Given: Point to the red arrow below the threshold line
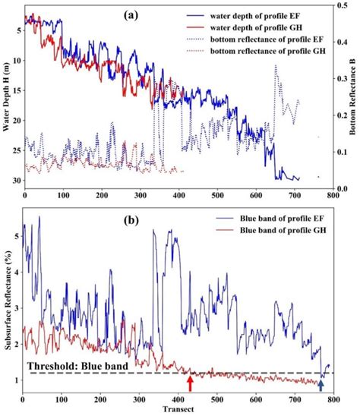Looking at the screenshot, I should click(x=190, y=385).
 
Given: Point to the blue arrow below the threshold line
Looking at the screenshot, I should click(x=321, y=385).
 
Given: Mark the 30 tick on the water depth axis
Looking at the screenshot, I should click(x=16, y=181).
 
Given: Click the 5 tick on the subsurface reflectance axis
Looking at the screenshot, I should click(x=16, y=236).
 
